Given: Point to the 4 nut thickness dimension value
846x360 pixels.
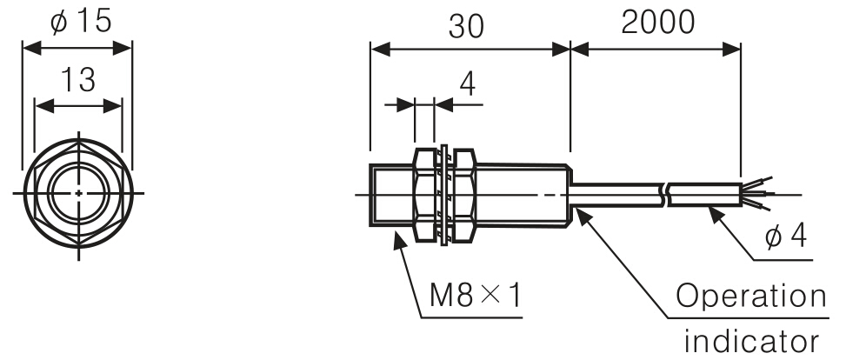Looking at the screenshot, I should [x=468, y=86].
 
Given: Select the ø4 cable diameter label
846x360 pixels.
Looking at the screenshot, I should [x=786, y=236].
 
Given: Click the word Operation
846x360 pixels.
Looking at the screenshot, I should [x=751, y=298].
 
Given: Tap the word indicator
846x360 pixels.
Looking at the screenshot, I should [x=751, y=340].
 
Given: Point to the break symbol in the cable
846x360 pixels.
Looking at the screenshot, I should [x=665, y=195].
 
